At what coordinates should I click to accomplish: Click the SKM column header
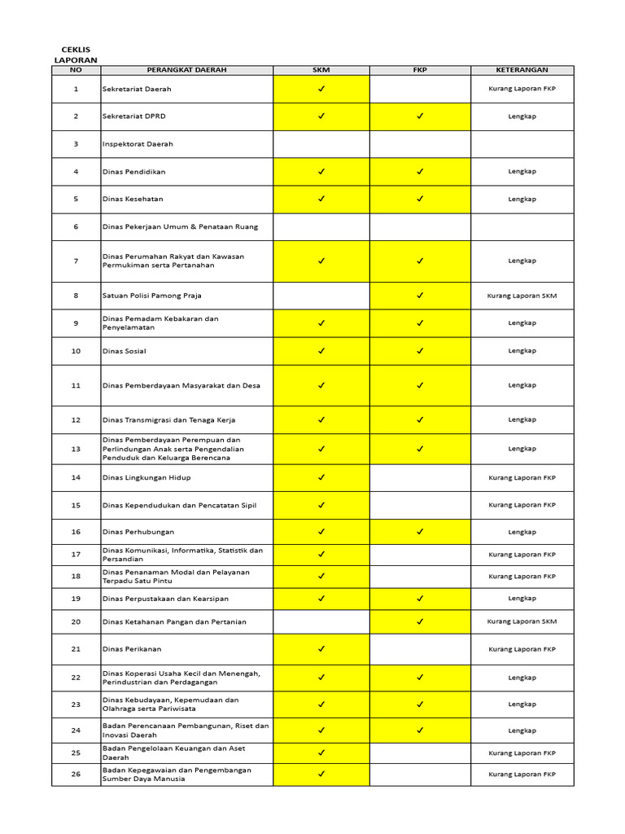321,70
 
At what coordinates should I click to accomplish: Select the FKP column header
420,70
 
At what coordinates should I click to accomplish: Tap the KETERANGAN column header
522,70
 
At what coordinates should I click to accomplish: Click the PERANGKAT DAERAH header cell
186,70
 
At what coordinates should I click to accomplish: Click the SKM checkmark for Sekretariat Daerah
321,89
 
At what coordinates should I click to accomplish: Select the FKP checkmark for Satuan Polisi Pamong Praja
420,296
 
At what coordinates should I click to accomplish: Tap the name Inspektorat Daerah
138,144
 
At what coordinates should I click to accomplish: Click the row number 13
76,449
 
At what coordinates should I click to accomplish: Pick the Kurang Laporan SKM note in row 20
522,621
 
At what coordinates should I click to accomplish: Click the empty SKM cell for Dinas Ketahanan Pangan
321,622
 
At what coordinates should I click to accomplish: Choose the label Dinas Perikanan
132,650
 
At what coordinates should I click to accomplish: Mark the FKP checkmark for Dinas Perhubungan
420,532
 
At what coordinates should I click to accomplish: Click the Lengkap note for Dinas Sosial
522,351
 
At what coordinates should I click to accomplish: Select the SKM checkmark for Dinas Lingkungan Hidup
321,477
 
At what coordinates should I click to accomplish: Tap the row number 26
76,775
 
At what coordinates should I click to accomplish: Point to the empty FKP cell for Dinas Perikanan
420,650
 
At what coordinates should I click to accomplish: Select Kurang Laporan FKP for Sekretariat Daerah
522,89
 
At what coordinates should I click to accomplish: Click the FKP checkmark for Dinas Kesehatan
420,199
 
